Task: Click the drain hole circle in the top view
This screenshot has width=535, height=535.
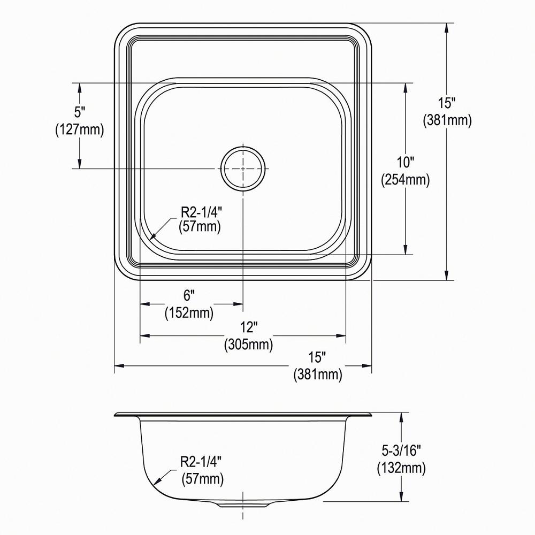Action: (243, 168)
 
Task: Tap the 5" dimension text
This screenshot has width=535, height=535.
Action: (80, 112)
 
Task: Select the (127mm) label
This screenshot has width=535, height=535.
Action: (80, 129)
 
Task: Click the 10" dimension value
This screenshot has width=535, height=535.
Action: (405, 162)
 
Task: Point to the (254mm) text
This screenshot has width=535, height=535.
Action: (405, 180)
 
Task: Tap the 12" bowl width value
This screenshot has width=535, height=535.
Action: (248, 326)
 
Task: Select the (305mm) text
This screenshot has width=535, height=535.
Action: (248, 345)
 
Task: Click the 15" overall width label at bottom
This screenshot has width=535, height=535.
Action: (317, 356)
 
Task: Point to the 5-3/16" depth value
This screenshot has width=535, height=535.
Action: (401, 450)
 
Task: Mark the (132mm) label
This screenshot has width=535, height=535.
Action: (401, 469)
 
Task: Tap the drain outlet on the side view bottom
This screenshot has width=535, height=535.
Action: (243, 504)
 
